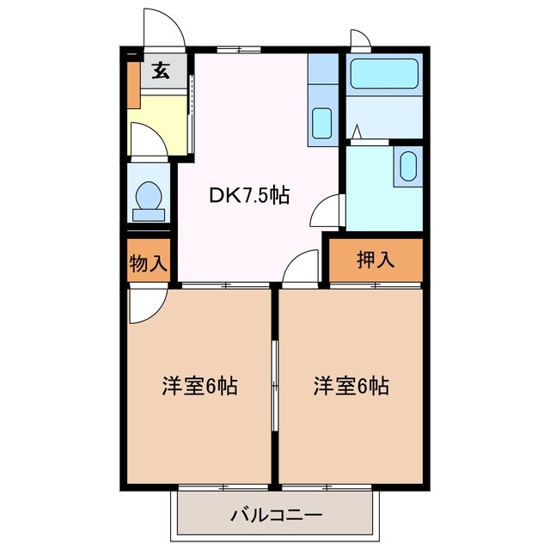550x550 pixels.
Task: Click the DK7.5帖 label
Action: (248, 195)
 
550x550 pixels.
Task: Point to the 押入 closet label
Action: (376, 260)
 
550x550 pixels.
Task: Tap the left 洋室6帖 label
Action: (199, 387)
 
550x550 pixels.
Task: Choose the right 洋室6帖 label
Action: (351, 387)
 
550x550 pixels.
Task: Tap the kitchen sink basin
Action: (322, 122)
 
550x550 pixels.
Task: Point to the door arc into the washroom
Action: (330, 210)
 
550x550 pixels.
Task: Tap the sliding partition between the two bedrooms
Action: (275, 387)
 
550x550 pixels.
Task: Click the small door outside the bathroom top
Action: (360, 40)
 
